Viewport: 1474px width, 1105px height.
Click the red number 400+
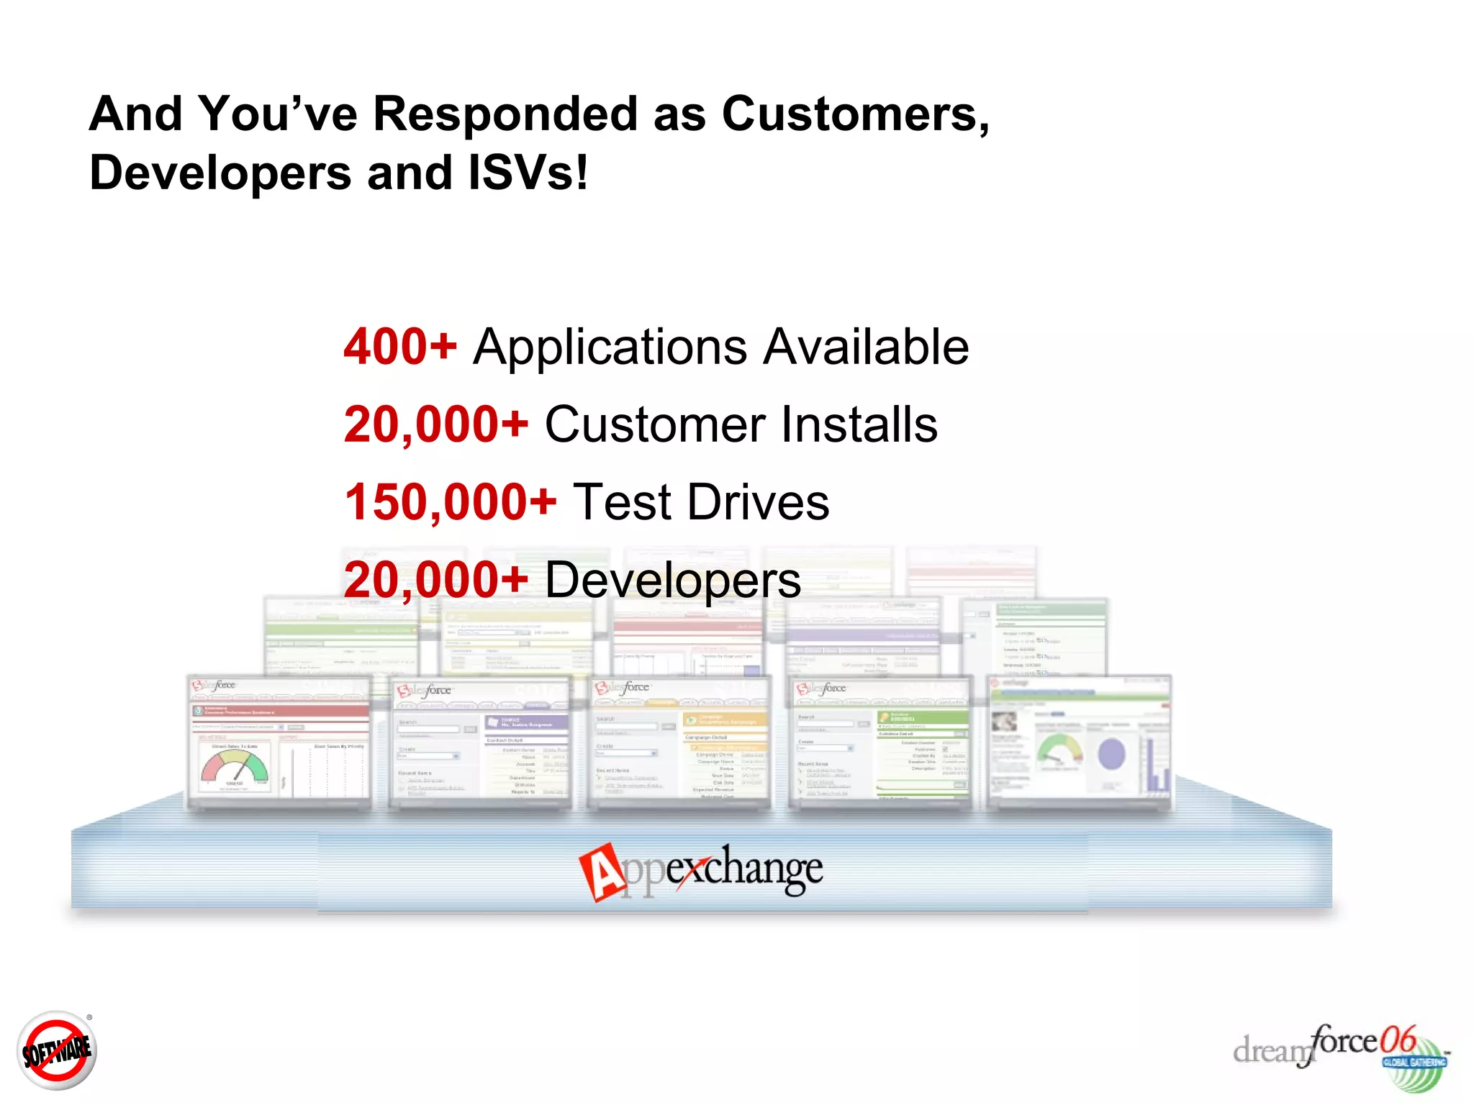(x=400, y=347)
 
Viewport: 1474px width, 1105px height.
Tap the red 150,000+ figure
(x=451, y=502)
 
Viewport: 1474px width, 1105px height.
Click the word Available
(x=866, y=347)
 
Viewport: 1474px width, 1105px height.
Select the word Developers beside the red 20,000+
(x=672, y=581)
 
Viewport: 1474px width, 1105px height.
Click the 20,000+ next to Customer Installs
(x=436, y=424)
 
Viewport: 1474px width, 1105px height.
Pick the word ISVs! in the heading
(x=528, y=173)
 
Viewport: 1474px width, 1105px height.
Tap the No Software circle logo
(x=56, y=1051)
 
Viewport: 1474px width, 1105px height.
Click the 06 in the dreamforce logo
(x=1397, y=1040)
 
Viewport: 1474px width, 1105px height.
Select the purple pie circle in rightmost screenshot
(x=1111, y=754)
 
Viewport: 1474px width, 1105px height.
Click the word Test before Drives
(x=622, y=502)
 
